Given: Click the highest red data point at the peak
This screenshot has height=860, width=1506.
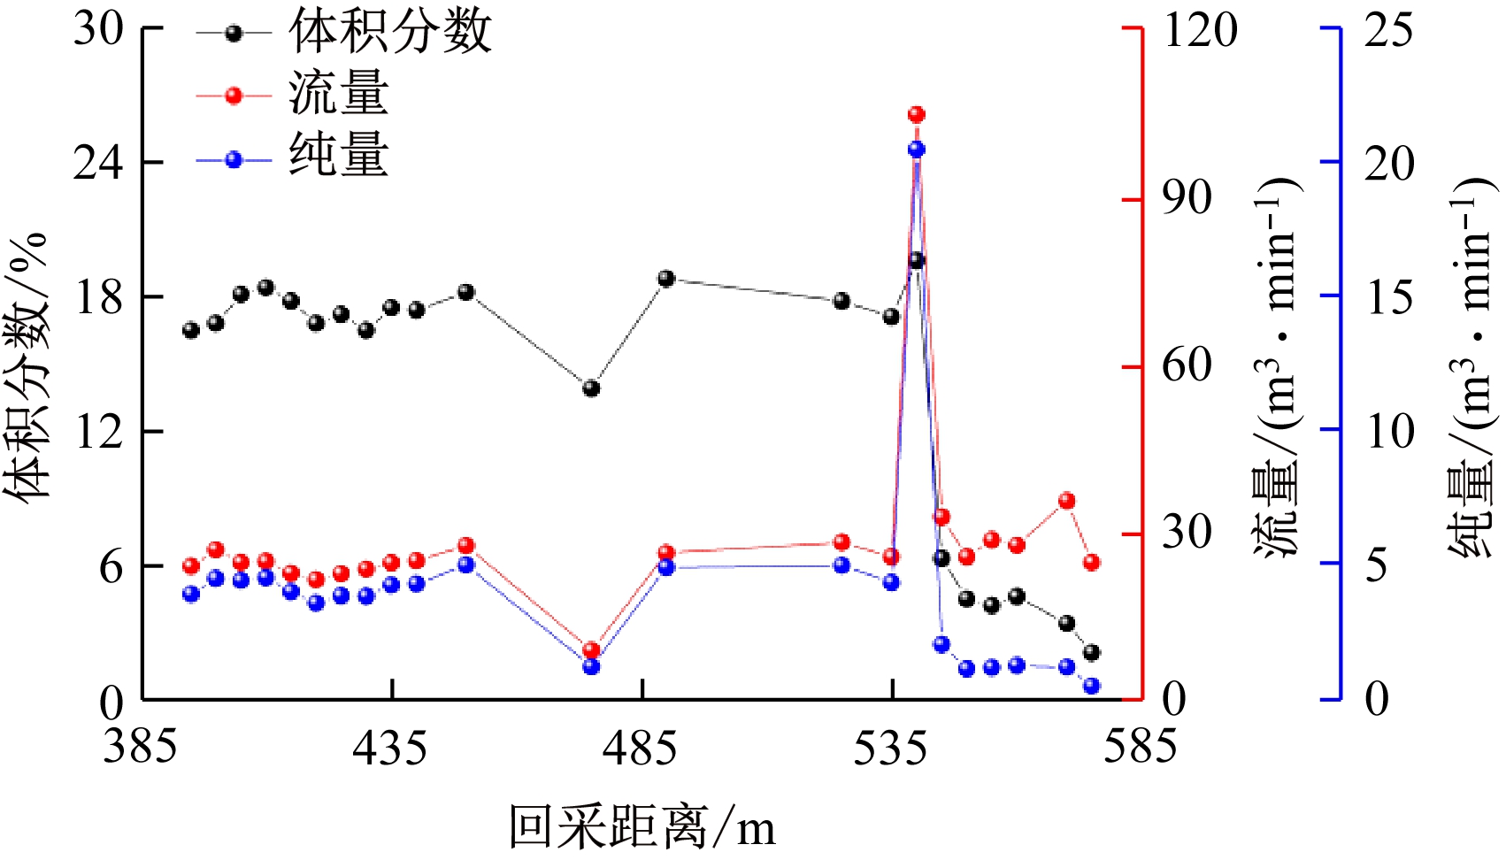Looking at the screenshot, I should coord(916,115).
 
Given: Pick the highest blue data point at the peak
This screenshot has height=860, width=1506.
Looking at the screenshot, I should coord(916,150).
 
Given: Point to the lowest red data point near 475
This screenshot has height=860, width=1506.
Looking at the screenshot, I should coord(591,650).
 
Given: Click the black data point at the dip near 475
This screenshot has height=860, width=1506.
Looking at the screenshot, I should coord(591,388).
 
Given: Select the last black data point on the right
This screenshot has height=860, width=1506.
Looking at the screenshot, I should coord(1091,653).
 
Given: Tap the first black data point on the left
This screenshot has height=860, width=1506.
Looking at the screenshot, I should coord(191,330).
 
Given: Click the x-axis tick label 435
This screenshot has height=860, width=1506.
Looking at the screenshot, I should coord(389,748).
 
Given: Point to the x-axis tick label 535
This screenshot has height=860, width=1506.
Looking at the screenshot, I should coord(890,748).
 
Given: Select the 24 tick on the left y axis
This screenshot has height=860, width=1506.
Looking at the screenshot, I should coord(98,163).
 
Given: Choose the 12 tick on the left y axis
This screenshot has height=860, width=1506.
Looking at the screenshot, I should coord(98,432).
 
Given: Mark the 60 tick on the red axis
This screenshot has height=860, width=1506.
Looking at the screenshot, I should coord(1187,365).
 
